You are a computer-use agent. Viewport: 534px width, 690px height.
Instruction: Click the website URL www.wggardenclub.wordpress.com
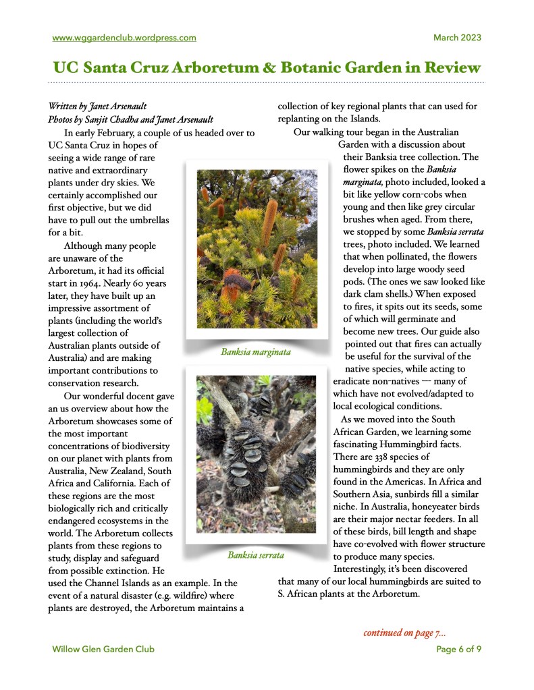[124, 38]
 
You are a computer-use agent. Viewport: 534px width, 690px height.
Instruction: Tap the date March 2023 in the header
[457, 38]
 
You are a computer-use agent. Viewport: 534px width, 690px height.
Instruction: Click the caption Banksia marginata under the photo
[256, 351]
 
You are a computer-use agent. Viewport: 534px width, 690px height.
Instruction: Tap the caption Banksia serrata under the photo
[256, 556]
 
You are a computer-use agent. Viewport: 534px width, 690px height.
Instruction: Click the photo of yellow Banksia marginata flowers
[256, 249]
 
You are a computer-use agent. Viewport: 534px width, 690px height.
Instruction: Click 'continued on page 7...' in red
[404, 633]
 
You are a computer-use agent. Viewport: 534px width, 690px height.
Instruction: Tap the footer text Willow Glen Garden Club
[103, 650]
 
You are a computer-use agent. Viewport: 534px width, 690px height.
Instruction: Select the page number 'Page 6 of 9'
[458, 650]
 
